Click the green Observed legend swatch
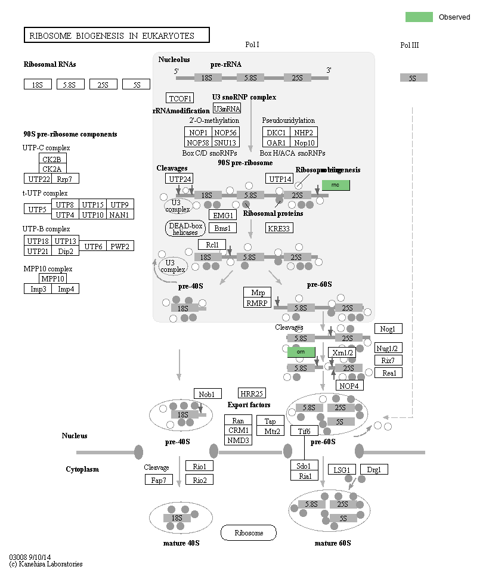(x=419, y=17)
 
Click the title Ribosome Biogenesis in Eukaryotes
(x=116, y=36)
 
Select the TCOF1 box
(x=179, y=98)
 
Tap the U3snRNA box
(x=227, y=109)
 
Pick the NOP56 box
(x=225, y=132)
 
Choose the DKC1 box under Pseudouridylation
(x=276, y=132)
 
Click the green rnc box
(x=335, y=185)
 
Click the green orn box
(x=301, y=352)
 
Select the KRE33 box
(x=280, y=228)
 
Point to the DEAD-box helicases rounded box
(x=185, y=228)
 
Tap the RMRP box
(x=258, y=303)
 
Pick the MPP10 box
(x=52, y=278)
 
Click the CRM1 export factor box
(x=239, y=430)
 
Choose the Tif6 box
(x=304, y=431)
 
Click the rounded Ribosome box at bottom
(x=249, y=532)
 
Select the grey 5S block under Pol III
(x=413, y=78)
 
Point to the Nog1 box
(x=388, y=329)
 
